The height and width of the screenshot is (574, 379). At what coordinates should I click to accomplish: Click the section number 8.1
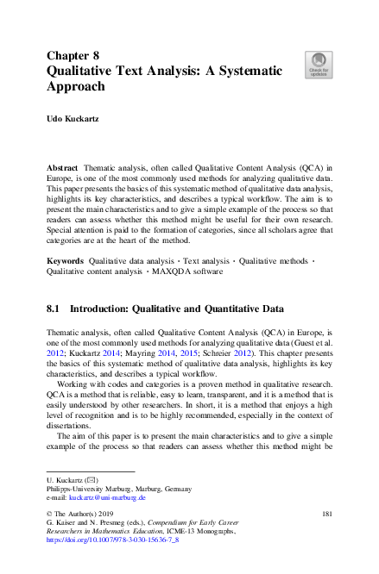coord(55,307)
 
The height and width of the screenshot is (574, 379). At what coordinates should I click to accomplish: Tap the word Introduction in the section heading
coord(107,307)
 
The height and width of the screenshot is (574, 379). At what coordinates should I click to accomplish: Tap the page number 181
coord(325,514)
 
